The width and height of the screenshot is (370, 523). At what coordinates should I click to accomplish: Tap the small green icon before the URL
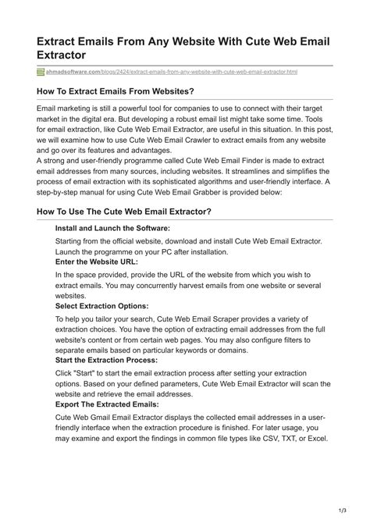coord(41,72)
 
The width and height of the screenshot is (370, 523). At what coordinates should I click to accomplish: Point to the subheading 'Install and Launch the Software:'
coord(112,228)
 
